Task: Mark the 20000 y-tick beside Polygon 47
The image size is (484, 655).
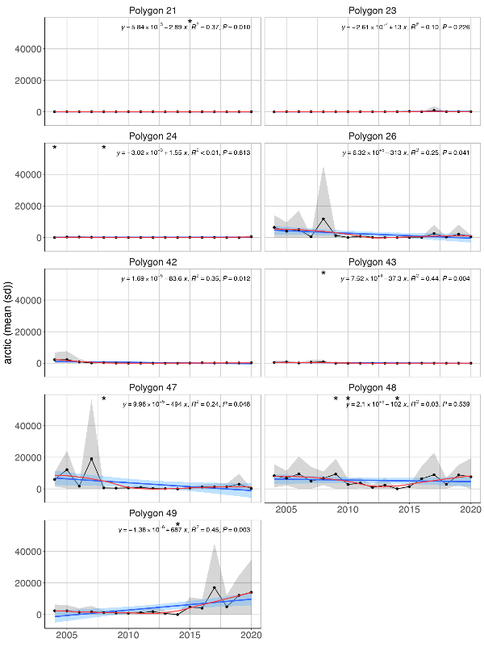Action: click(x=29, y=457)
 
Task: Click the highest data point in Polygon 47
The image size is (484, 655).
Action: click(x=91, y=459)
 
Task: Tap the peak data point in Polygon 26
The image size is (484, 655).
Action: click(x=323, y=219)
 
